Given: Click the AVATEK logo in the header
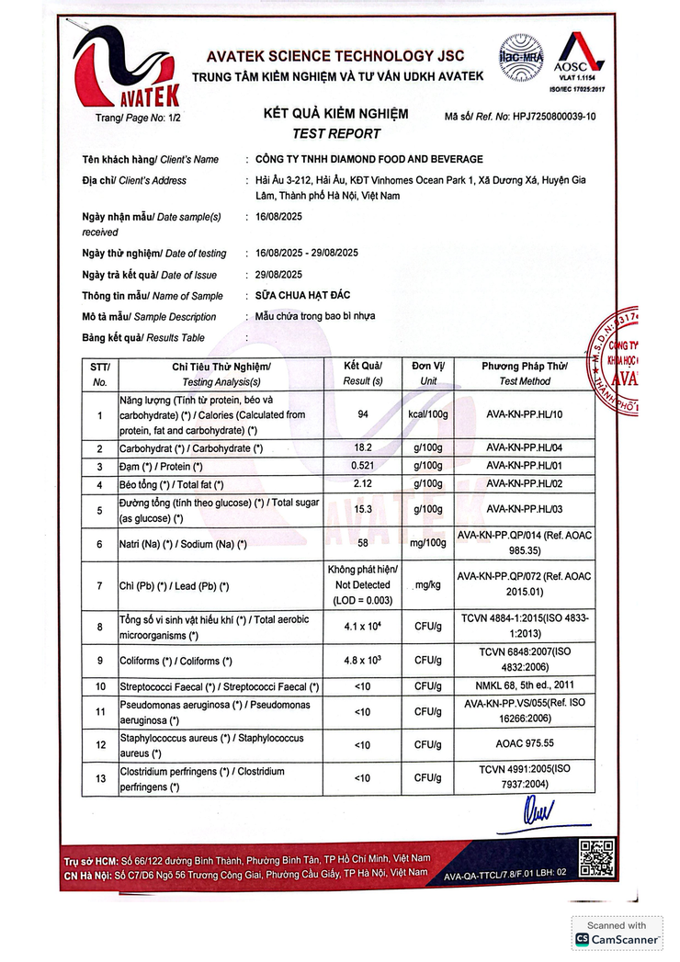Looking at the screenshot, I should click(127, 66).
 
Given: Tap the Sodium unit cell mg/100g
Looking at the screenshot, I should click(427, 544).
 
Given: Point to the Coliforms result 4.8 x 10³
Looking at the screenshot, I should click(362, 661).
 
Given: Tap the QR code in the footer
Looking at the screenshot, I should click(596, 858).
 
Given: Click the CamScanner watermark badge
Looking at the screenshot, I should click(618, 933).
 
